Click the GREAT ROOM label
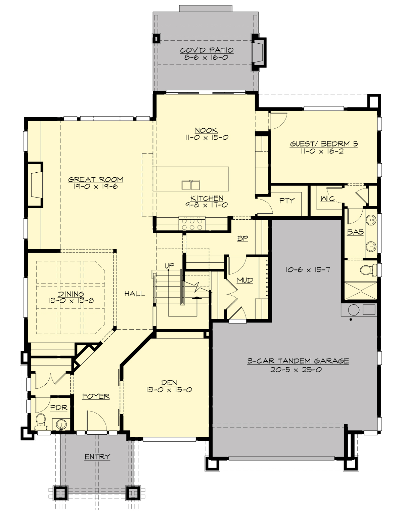coord(96,179)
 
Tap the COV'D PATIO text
coord(207,50)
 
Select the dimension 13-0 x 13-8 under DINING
coord(71,301)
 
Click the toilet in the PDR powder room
coord(41,421)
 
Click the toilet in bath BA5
coord(366,269)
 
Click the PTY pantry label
coord(287,201)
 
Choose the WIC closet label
coord(327,199)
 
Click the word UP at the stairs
coord(169,266)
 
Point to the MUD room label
coord(245,280)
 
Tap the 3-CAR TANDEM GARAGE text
coord(298,361)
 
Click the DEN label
coord(169,383)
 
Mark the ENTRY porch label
coord(97,457)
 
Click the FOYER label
coord(96,396)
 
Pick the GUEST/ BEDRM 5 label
coord(324,144)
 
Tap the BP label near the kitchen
coord(242,239)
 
